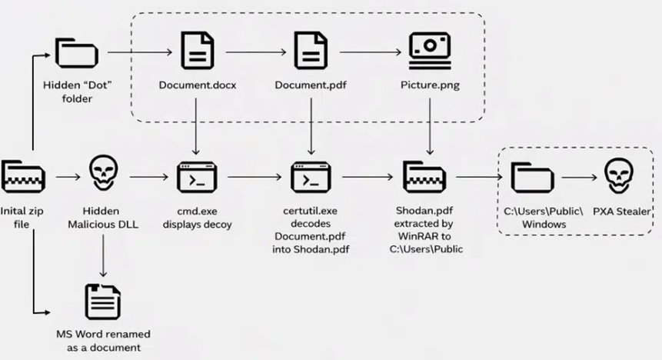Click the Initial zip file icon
pos(23,176)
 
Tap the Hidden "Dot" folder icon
pos(72,53)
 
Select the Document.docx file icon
pos(196,52)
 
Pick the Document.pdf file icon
pos(311,52)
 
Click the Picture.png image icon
pos(430,48)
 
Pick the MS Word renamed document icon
pos(101,302)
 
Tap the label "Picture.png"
pos(430,85)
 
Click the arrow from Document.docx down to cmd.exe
pos(196,123)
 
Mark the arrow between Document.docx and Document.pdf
pos(253,52)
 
